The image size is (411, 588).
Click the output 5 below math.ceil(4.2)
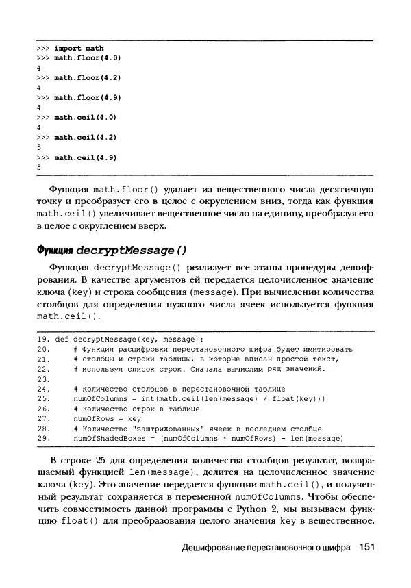click(x=39, y=147)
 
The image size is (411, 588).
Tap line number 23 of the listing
click(x=42, y=379)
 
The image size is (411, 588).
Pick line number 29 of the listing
click(x=42, y=437)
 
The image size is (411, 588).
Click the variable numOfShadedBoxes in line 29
click(x=106, y=437)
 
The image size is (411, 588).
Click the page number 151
click(x=368, y=548)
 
